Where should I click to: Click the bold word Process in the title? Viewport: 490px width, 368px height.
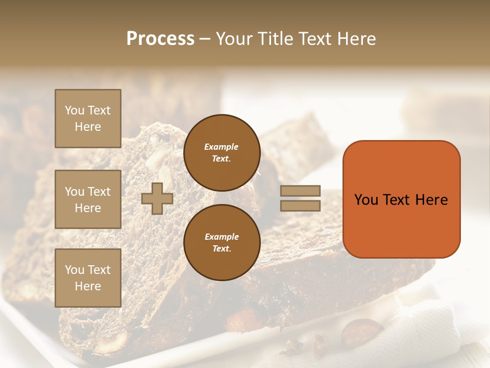pos(160,39)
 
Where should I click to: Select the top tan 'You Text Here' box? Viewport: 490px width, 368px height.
pos(88,119)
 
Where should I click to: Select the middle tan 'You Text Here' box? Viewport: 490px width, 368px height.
pos(88,199)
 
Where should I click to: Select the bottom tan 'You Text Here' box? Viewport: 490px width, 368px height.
pos(88,278)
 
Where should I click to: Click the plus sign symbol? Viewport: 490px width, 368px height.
pos(157,198)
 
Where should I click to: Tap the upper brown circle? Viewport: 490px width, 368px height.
pos(222,153)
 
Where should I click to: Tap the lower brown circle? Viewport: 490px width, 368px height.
pos(222,242)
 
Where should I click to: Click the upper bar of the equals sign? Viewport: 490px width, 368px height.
pos(300,191)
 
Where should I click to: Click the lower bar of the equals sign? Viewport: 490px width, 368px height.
pos(300,206)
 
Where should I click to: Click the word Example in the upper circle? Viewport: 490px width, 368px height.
pos(222,147)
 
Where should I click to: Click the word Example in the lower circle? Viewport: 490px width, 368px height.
pos(222,237)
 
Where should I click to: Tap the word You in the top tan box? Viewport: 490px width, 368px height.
pos(75,110)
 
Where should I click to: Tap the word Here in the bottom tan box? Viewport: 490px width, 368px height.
pos(88,286)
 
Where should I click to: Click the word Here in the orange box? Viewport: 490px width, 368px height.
pos(431,200)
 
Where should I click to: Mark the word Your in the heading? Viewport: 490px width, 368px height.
pos(235,39)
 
